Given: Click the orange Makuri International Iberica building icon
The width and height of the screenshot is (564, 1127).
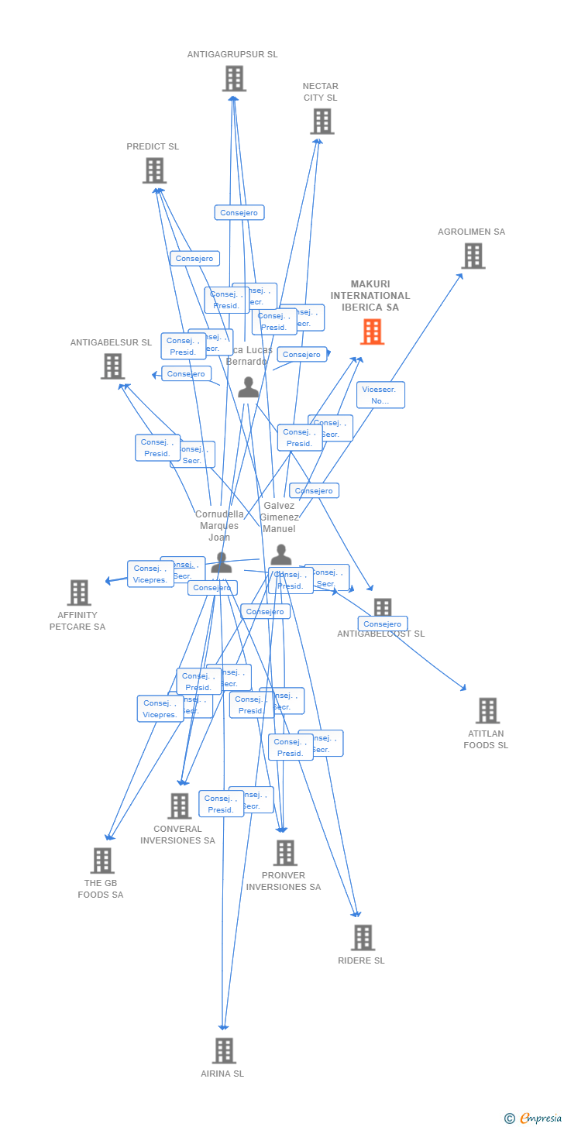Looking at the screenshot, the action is tap(372, 332).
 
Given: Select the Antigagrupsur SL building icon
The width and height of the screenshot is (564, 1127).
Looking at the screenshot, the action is tap(234, 78).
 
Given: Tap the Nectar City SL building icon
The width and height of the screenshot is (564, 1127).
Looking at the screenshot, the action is tap(322, 121).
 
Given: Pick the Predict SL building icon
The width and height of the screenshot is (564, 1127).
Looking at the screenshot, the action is tap(154, 170).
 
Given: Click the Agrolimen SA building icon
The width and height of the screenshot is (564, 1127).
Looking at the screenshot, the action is tap(473, 256).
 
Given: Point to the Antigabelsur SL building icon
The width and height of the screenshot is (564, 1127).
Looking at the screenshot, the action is tap(112, 366).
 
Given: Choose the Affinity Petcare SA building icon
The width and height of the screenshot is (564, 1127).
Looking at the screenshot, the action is tap(78, 593).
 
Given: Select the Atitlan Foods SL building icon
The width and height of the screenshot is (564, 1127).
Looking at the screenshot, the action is tap(487, 710).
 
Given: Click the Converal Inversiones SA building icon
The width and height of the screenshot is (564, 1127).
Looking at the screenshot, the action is tap(179, 806).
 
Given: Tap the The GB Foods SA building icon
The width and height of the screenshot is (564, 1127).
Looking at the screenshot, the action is tap(102, 860).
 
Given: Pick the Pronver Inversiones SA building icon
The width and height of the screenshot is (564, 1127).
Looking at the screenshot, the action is tap(285, 853).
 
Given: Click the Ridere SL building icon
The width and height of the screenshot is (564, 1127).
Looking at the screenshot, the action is tap(362, 937).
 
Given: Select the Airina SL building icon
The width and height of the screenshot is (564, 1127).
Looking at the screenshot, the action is tap(224, 1050).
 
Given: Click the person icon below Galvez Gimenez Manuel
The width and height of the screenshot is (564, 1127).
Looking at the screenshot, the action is tap(280, 555).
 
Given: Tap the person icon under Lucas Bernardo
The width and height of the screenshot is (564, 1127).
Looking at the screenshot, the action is tap(248, 387).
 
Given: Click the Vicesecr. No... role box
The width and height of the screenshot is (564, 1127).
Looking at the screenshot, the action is tap(380, 395).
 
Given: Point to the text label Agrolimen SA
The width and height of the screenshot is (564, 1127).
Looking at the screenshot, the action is tap(471, 232).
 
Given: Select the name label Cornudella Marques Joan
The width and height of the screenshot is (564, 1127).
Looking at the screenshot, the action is tap(219, 525).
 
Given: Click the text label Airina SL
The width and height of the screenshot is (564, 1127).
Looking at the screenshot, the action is tap(222, 1074).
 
